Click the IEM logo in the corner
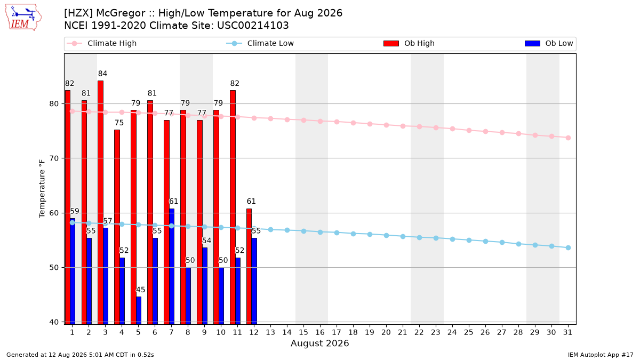(x=23, y=18)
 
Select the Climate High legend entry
(x=101, y=43)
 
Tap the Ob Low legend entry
(x=549, y=43)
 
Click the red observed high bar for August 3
(x=101, y=202)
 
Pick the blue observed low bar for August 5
(x=139, y=310)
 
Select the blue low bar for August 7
(x=172, y=266)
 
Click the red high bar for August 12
(x=249, y=266)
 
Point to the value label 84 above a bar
(x=102, y=74)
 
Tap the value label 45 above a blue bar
(x=140, y=290)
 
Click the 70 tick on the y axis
(x=54, y=158)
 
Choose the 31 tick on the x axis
(x=567, y=332)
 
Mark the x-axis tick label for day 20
(x=386, y=332)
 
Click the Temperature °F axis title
(x=42, y=189)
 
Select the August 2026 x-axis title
(x=319, y=343)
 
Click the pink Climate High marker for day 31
(x=568, y=138)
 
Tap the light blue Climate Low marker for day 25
(x=469, y=241)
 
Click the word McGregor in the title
(x=121, y=13)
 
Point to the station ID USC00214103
(x=253, y=26)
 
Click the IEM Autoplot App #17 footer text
(x=601, y=355)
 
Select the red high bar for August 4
(x=117, y=227)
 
